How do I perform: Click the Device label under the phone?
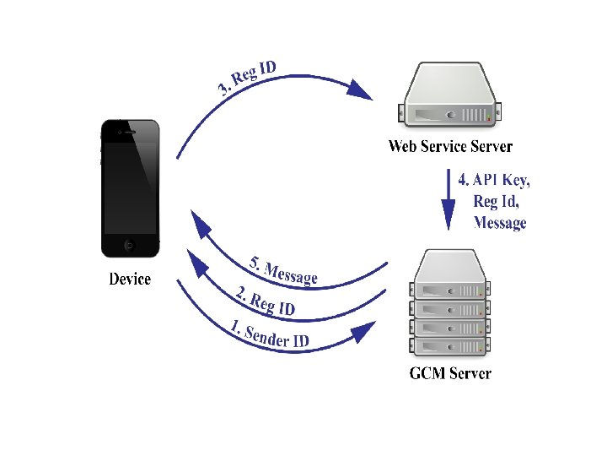tap(130, 279)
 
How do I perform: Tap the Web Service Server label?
tap(450, 146)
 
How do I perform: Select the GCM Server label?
tap(449, 372)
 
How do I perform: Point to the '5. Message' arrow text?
tap(284, 269)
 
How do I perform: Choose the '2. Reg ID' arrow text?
tap(265, 301)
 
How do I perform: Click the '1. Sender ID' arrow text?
tap(270, 334)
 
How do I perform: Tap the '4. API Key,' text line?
tap(494, 179)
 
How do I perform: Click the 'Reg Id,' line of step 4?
tap(497, 201)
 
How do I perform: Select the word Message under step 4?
tap(500, 223)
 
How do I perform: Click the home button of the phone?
tap(129, 246)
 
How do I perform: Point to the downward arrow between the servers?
tap(446, 203)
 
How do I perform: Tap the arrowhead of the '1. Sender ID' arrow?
tap(363, 330)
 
